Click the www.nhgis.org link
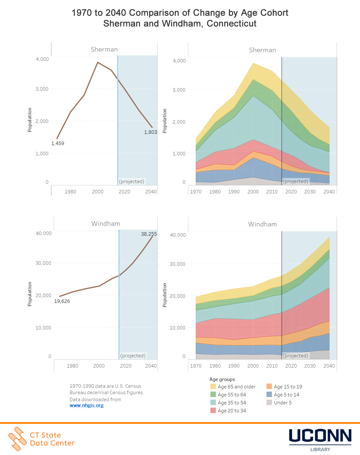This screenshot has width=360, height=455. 86,405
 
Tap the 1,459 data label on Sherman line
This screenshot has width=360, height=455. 58,143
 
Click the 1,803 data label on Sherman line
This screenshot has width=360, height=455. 150,132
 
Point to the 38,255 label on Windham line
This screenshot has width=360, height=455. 149,234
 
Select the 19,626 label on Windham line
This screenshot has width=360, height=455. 62,301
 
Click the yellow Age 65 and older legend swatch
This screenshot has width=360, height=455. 213,386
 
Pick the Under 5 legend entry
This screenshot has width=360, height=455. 282,403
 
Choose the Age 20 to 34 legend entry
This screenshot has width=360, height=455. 232,411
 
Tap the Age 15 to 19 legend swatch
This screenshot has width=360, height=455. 269,386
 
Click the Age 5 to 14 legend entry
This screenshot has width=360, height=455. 286,395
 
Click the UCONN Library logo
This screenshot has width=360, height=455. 320,439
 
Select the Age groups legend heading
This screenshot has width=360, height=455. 222,379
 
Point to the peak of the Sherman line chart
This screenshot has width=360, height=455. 98,62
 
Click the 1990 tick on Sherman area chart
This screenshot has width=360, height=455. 234,192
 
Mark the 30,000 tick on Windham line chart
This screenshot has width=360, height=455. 43,263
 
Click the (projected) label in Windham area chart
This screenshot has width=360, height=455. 295,356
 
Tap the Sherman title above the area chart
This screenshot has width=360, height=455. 262,50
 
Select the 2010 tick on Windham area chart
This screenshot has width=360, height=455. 272,366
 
